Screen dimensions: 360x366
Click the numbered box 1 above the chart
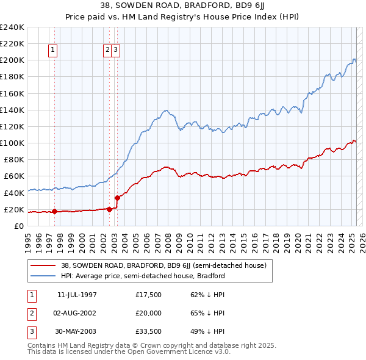click(x=54, y=51)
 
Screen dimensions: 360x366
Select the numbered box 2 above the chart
click(x=107, y=51)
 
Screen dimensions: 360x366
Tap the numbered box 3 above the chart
click(x=115, y=51)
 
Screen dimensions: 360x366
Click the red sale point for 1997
click(x=54, y=212)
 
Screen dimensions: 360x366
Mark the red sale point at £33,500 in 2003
click(x=117, y=198)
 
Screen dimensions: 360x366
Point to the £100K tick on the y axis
click(x=13, y=143)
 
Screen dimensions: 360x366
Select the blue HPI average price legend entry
click(x=143, y=276)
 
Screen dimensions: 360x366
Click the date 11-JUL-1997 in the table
click(x=76, y=295)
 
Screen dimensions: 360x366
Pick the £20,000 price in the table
click(x=148, y=313)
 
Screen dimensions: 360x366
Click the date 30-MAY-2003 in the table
click(x=76, y=332)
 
